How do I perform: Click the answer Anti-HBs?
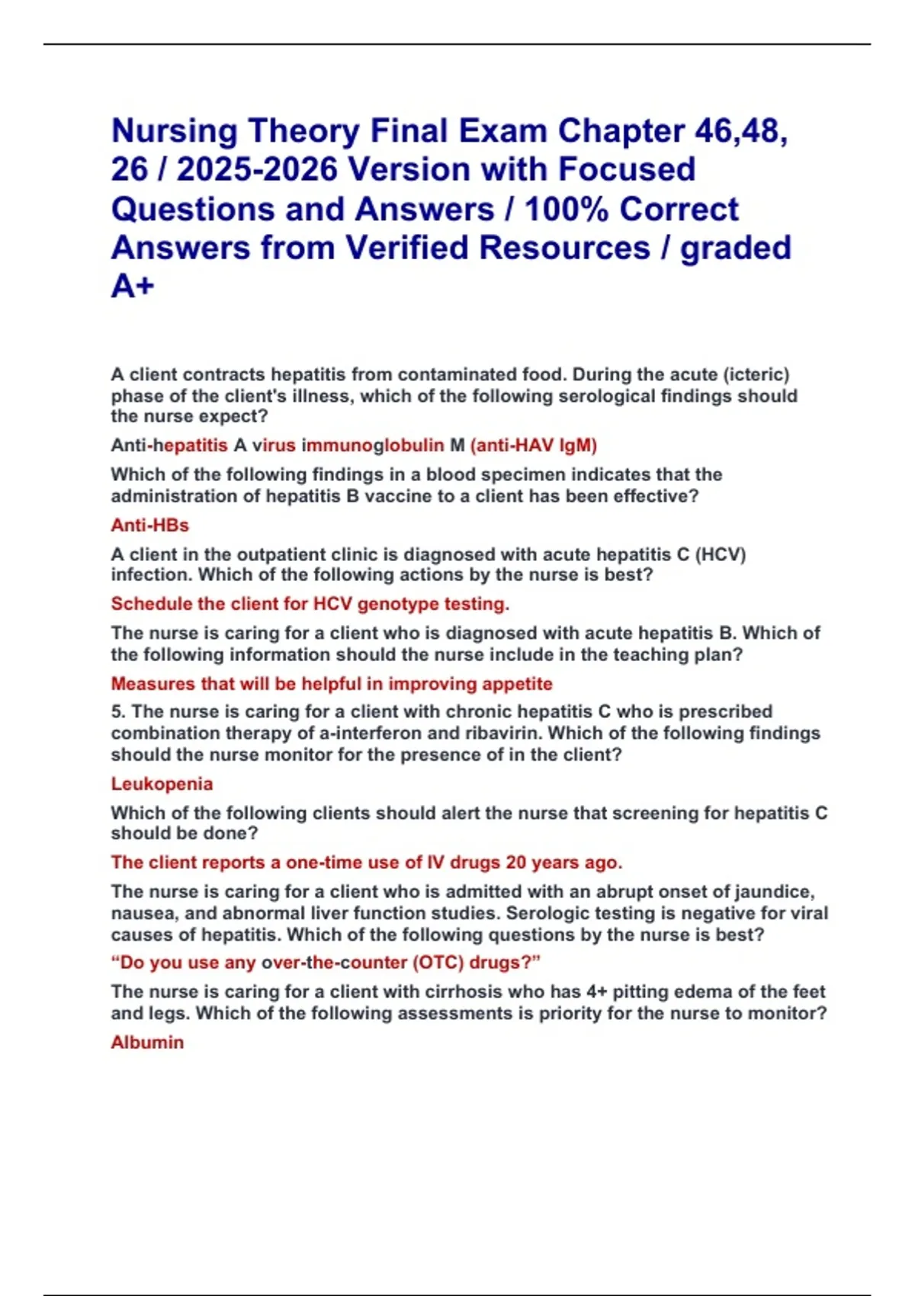coord(149,525)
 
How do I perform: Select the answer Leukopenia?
coord(162,784)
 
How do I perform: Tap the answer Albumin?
coord(147,1042)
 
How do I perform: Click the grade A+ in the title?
coord(133,287)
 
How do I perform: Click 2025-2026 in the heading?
coord(257,170)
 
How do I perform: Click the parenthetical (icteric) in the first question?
coord(756,374)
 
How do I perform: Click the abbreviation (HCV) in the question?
coord(720,554)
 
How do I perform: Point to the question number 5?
coord(118,711)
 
